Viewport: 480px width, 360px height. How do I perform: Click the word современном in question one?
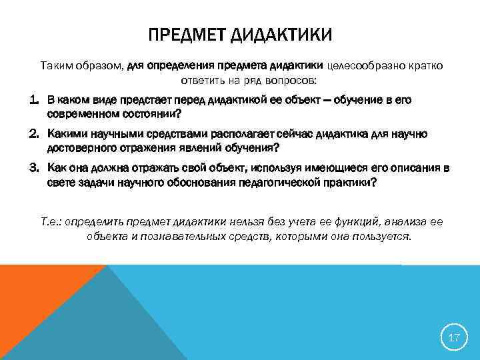tap(79, 113)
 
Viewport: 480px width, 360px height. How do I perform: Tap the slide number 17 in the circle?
tap(454, 338)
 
